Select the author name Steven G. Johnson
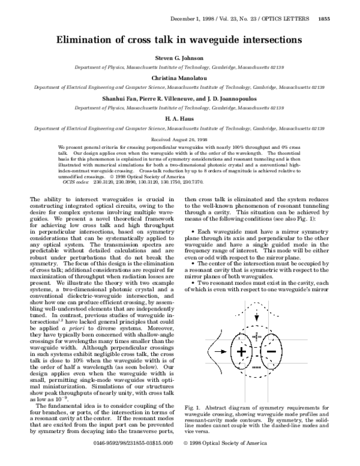pyautogui.click(x=179, y=58)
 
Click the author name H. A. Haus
pyautogui.click(x=179, y=119)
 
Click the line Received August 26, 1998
pyautogui.click(x=179, y=139)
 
